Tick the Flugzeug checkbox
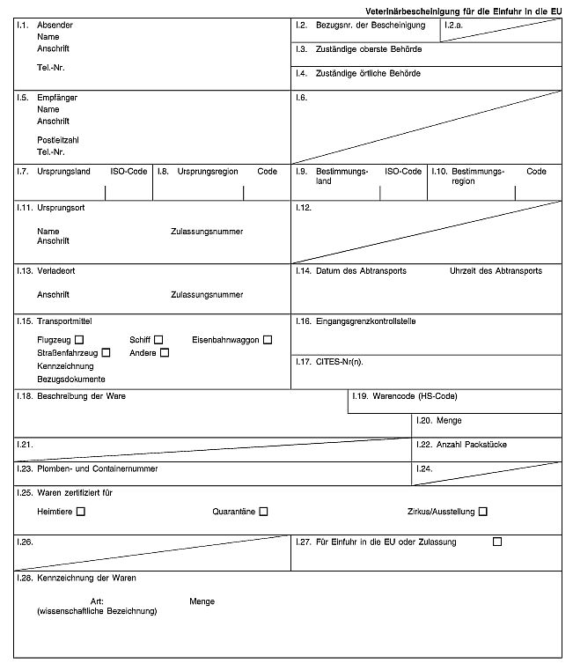click(x=79, y=340)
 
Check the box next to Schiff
click(x=158, y=340)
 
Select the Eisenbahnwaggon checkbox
click(x=268, y=340)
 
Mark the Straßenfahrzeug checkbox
click(x=106, y=353)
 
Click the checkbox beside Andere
click(x=164, y=353)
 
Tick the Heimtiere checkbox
click(x=81, y=512)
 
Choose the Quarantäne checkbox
click(x=263, y=512)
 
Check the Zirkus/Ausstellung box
click(x=482, y=512)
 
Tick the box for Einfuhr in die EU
click(x=497, y=542)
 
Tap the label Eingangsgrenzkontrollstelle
click(x=365, y=321)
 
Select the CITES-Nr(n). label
click(x=339, y=361)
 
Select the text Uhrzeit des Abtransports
click(x=496, y=271)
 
